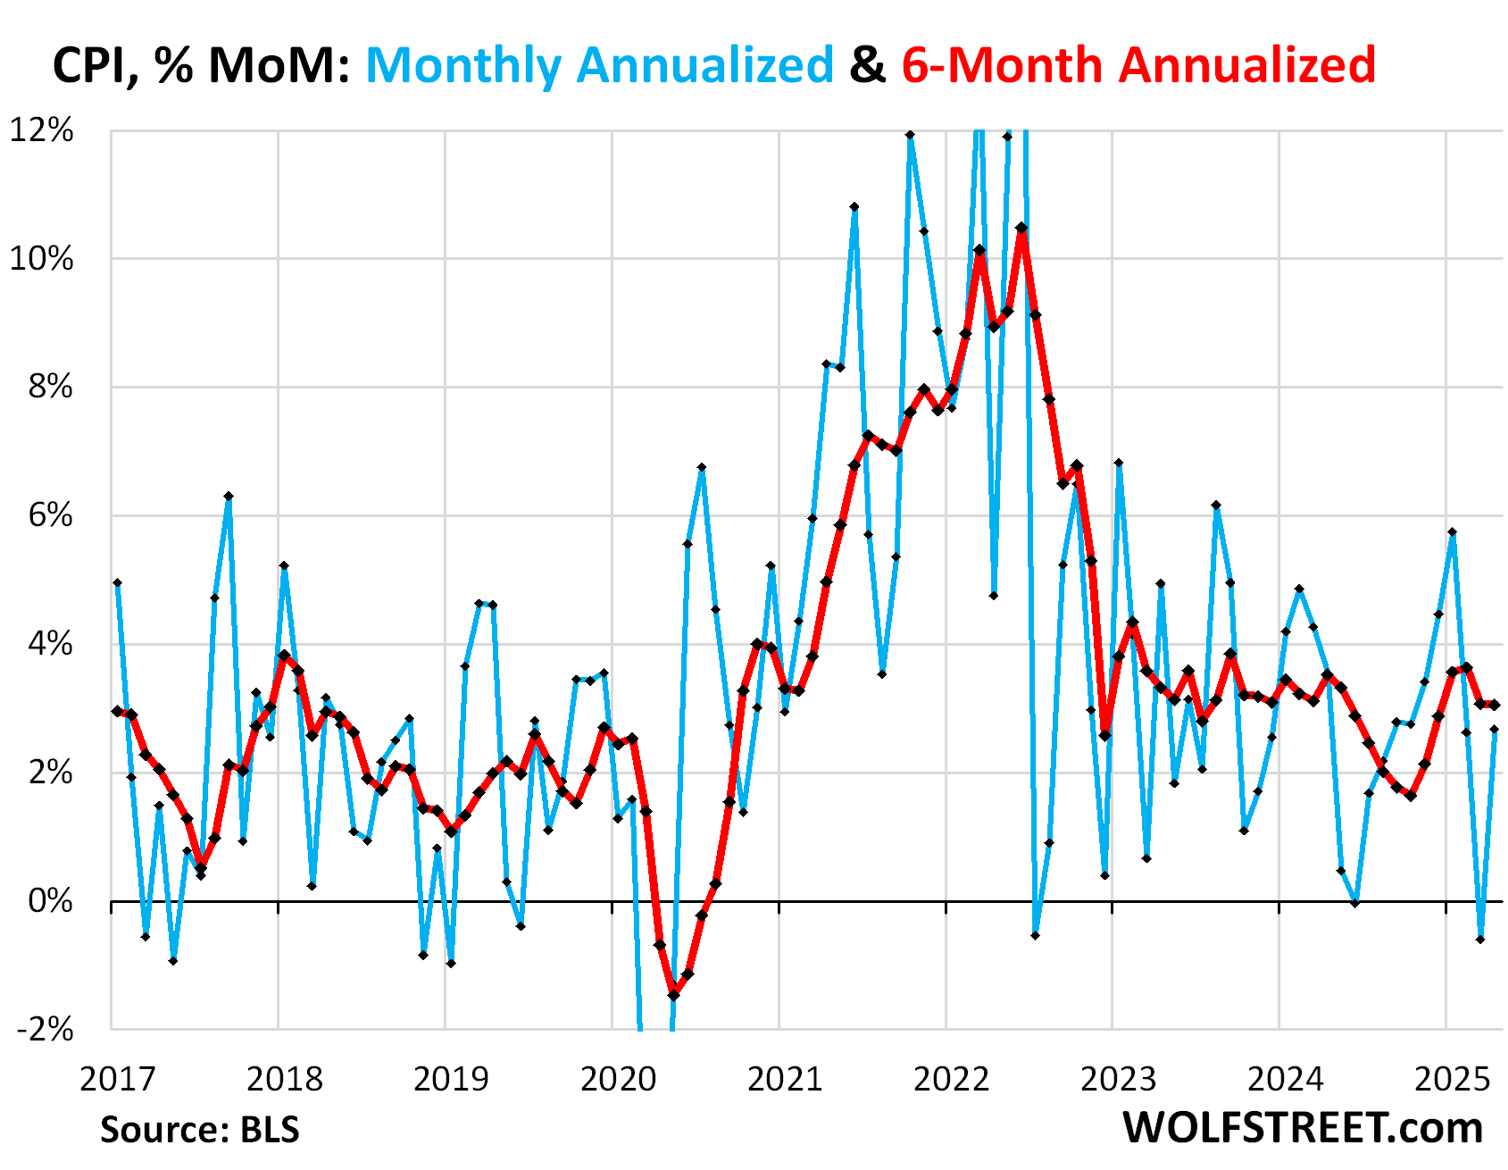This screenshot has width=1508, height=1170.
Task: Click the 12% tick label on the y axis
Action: click(x=41, y=130)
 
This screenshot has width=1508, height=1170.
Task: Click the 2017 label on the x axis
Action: click(x=117, y=1079)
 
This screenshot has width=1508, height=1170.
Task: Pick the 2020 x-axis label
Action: click(x=618, y=1079)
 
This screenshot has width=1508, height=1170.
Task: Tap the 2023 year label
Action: click(x=1118, y=1079)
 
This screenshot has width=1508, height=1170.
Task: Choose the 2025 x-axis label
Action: click(x=1453, y=1079)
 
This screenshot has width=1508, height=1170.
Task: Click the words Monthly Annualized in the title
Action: click(x=599, y=65)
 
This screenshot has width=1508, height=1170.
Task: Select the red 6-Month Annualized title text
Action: click(x=1138, y=65)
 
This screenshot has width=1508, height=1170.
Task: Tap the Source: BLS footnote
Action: click(x=199, y=1130)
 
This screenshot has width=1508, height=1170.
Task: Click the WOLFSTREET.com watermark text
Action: click(x=1303, y=1128)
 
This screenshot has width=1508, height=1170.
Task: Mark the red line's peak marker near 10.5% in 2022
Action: click(x=1022, y=228)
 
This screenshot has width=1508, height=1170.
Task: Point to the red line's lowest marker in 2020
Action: click(x=673, y=994)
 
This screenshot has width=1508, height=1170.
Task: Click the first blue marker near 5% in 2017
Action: click(x=117, y=582)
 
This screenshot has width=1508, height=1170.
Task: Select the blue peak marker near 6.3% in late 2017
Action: click(x=229, y=496)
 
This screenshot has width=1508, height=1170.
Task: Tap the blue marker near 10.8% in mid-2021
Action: click(x=854, y=206)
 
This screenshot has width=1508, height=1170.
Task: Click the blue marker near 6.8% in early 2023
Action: click(x=1118, y=463)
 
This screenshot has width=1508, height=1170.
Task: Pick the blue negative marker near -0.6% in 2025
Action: click(x=1480, y=940)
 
